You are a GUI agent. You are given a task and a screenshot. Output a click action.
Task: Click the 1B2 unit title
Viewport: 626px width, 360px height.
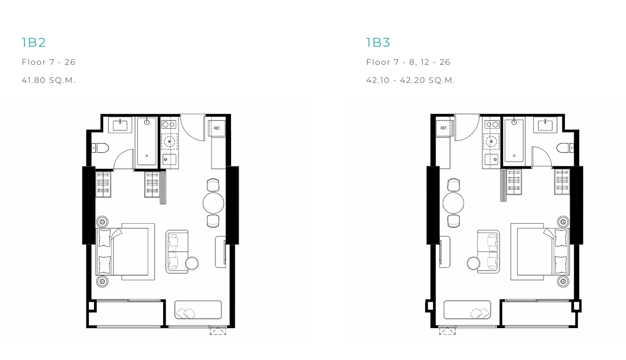[x=33, y=43]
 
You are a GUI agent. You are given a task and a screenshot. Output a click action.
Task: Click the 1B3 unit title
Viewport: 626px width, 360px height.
[x=378, y=43]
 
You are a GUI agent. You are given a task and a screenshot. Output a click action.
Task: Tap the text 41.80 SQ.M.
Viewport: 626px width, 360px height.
[x=49, y=80]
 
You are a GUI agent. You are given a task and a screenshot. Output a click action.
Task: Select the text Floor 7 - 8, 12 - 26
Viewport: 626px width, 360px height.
[x=408, y=62]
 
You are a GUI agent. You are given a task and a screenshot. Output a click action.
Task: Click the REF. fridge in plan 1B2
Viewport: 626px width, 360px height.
[x=217, y=128]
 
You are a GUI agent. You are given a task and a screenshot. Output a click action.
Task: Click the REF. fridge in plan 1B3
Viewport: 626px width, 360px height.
[x=444, y=128]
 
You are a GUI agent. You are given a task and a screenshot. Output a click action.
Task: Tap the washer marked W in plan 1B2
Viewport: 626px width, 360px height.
[x=169, y=141]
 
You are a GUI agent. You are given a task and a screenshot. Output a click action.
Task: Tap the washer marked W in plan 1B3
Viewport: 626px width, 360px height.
[x=491, y=141]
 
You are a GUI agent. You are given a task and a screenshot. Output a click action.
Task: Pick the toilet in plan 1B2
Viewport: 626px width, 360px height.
[x=100, y=148]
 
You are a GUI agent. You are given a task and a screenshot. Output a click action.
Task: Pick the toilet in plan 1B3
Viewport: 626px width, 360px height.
[x=565, y=148]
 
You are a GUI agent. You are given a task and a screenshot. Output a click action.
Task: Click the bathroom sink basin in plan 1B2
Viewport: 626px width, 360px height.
[x=120, y=125]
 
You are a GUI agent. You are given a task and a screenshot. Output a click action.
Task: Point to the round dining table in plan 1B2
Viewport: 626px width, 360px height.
[x=213, y=203]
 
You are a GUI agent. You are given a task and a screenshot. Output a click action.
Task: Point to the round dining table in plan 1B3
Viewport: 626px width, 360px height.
[x=453, y=203]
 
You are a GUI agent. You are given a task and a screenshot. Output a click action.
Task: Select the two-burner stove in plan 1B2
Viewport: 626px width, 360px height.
[x=169, y=124]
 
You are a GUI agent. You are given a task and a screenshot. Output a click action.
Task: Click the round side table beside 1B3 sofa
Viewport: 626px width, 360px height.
[x=473, y=263]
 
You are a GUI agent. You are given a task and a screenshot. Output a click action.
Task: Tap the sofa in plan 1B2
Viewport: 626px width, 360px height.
[x=177, y=252]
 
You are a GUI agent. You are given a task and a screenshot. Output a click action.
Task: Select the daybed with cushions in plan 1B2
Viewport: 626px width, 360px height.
[x=198, y=309]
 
